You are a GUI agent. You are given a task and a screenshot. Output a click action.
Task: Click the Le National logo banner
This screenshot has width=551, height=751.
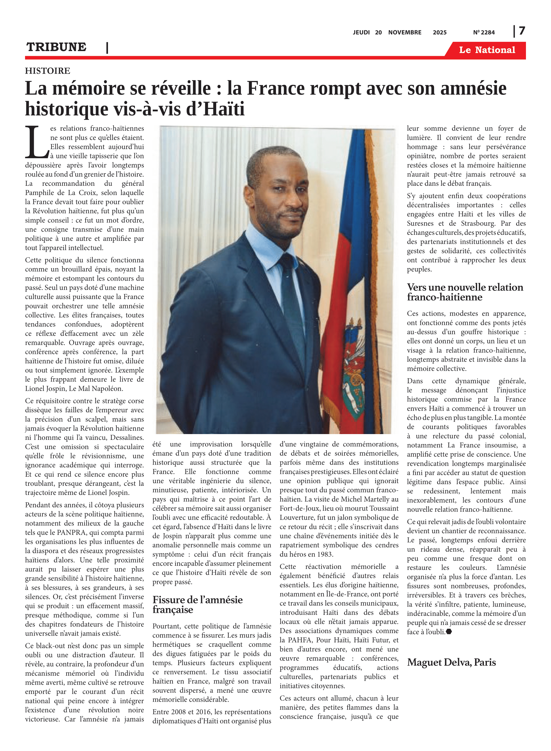487,50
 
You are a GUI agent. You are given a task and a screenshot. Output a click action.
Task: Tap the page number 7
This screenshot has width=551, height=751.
522,31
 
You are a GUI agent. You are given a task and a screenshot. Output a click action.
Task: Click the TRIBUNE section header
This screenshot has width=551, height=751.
56,47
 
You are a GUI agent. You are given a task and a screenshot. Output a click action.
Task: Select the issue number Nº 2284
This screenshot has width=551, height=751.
484,33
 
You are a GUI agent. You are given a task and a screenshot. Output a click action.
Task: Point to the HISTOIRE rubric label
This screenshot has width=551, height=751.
47,71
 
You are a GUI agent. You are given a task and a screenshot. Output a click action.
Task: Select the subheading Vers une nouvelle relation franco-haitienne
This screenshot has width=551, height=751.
465,292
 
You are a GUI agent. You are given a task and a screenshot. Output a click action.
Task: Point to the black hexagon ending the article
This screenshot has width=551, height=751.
449,631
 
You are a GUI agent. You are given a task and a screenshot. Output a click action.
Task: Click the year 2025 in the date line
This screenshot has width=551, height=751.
439,33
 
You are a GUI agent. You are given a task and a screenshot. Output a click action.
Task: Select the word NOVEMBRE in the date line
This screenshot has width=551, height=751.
404,33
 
